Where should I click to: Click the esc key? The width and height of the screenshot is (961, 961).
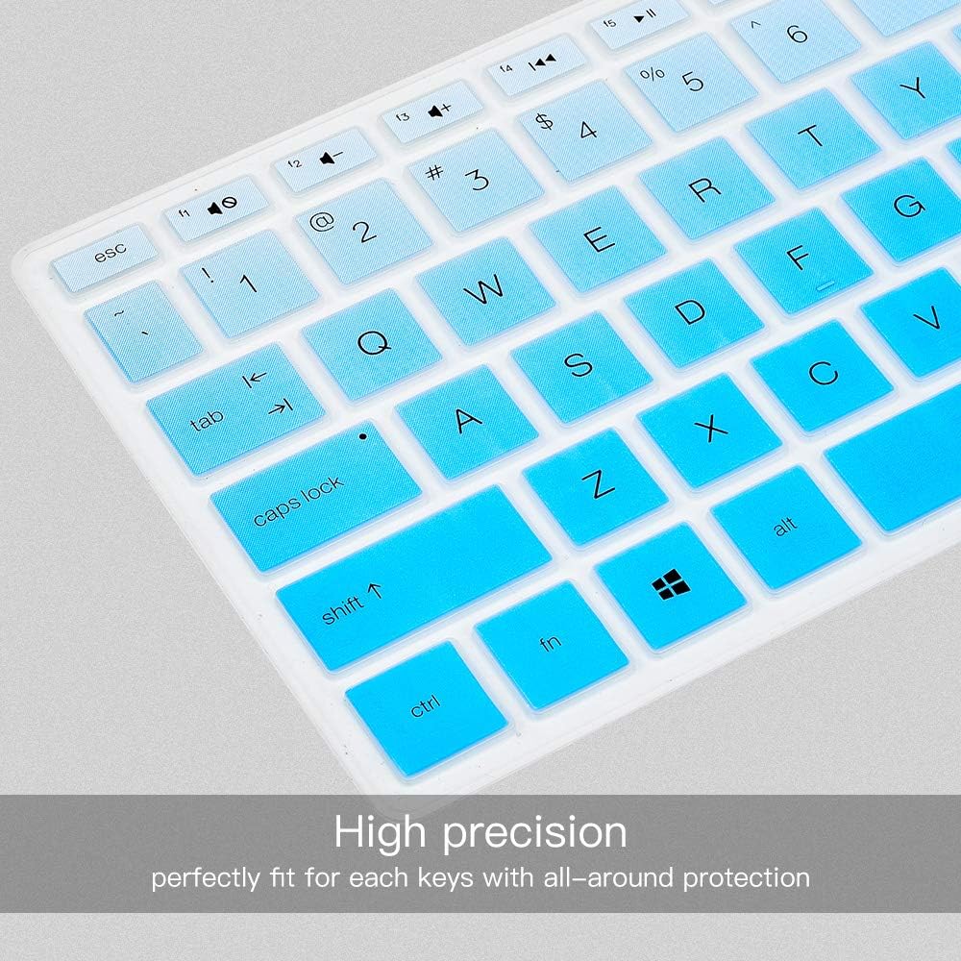tap(104, 258)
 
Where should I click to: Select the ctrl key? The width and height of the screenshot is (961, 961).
tap(427, 707)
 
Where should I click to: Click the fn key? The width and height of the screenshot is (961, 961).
tap(552, 645)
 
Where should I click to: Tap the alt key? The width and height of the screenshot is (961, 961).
tap(786, 527)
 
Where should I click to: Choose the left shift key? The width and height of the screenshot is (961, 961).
tap(413, 579)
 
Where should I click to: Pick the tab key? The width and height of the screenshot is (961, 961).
tap(235, 408)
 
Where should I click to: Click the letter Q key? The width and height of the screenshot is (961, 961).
tap(373, 344)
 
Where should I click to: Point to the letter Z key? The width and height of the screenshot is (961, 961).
tap(596, 485)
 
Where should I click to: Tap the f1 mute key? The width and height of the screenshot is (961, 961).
tap(215, 208)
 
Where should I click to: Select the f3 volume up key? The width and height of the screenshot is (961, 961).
tap(431, 112)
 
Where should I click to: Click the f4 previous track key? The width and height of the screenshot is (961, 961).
tap(535, 65)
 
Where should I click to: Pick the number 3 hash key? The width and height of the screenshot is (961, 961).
tap(476, 181)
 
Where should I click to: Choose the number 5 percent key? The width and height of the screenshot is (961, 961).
tap(691, 82)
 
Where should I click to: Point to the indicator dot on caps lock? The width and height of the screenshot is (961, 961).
tap(363, 436)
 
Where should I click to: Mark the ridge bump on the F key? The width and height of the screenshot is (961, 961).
tap(825, 286)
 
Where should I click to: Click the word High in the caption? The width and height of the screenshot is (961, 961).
tap(380, 832)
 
